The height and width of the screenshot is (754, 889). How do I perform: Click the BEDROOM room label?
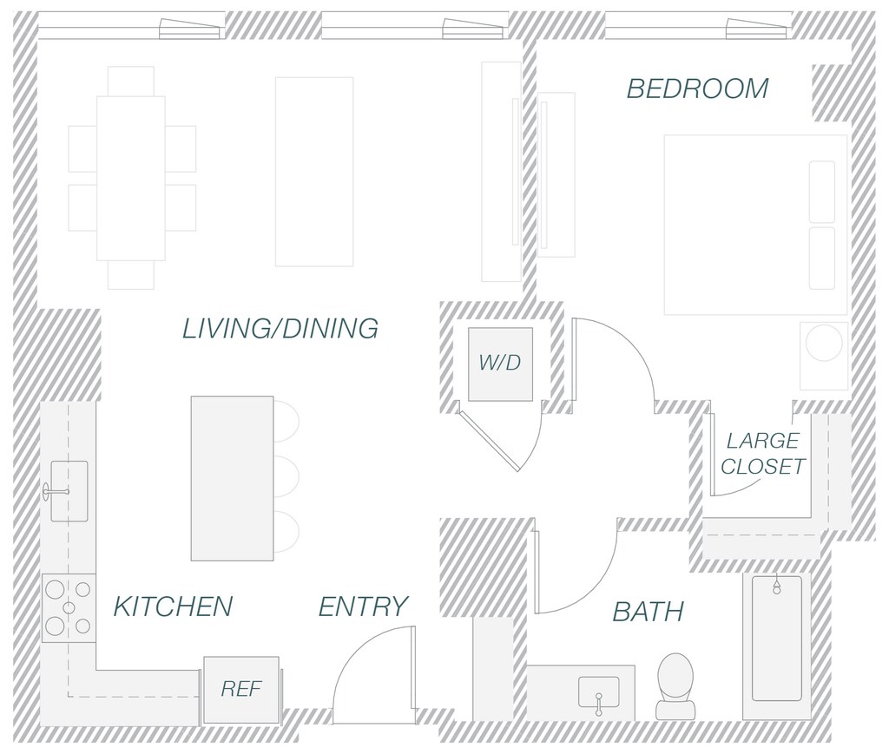(697, 89)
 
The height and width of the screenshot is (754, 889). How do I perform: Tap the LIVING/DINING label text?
(280, 329)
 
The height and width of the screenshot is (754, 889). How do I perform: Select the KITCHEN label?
(173, 606)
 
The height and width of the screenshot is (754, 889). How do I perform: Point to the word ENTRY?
(363, 606)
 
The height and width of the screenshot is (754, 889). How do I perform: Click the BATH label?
(648, 612)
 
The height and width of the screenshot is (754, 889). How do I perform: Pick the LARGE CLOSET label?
(762, 454)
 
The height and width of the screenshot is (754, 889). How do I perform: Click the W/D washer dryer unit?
(500, 364)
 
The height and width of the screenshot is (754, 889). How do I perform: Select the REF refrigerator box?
(241, 689)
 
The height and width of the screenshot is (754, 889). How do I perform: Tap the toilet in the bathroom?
(675, 683)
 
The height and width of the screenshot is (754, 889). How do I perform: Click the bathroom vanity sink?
(599, 692)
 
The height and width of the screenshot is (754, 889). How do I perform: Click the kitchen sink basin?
(69, 491)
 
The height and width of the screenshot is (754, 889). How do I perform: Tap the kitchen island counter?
(232, 478)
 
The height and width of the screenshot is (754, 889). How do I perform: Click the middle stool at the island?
(286, 476)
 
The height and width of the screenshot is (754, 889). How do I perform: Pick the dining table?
(131, 178)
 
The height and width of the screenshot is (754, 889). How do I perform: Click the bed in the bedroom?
(754, 224)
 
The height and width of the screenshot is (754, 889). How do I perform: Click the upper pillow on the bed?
(821, 191)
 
